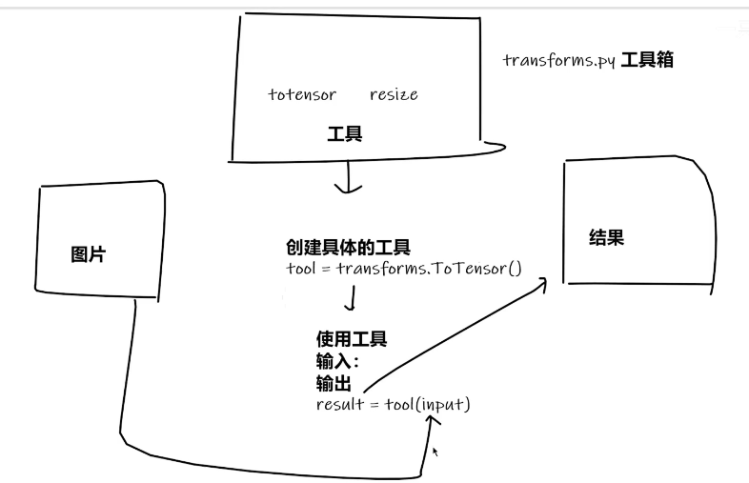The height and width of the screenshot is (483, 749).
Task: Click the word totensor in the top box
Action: coord(302,94)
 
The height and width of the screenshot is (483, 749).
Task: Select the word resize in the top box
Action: coord(394,94)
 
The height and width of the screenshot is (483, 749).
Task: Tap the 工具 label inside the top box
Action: coord(344,134)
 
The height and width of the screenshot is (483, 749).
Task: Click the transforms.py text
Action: coord(559,60)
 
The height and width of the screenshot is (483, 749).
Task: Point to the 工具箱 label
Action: coord(648,60)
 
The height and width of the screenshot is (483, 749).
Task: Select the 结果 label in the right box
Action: coord(607,238)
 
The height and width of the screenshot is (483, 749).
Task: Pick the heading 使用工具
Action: coord(352,339)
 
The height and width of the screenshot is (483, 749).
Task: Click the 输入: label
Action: coord(336,361)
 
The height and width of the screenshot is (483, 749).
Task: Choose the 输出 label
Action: coord(334,383)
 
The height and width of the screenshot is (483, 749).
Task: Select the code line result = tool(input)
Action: coord(393,404)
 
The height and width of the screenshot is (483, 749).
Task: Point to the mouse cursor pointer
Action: coord(435,452)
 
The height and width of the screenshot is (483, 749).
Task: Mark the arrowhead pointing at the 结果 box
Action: coord(544,282)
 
